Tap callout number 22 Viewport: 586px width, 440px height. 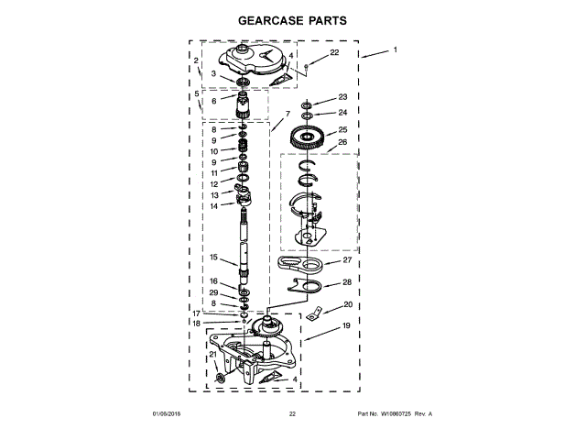pyautogui.click(x=333, y=53)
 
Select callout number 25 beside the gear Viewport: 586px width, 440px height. pyautogui.click(x=342, y=130)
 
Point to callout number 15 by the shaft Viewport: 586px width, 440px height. pyautogui.click(x=212, y=258)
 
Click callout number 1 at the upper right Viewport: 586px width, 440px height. pyautogui.click(x=396, y=49)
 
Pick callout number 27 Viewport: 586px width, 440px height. pyautogui.click(x=346, y=260)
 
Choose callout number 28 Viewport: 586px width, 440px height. pyautogui.click(x=346, y=282)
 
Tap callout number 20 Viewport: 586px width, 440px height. pyautogui.click(x=347, y=304)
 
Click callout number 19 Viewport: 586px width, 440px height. pyautogui.click(x=346, y=326)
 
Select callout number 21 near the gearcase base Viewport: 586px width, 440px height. pyautogui.click(x=212, y=354)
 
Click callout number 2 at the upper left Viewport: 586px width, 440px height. pyautogui.click(x=196, y=60)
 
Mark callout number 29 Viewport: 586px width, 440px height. pyautogui.click(x=212, y=292)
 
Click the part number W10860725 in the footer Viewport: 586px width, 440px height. pyautogui.click(x=395, y=414)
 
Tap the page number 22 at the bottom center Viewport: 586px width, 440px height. pyautogui.click(x=292, y=414)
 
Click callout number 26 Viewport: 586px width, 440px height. pyautogui.click(x=342, y=142)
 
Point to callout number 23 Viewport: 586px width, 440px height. pyautogui.click(x=342, y=97)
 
